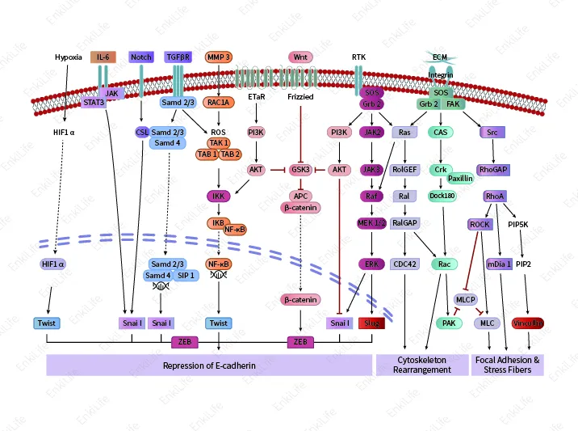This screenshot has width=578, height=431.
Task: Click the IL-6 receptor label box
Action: tap(103, 57)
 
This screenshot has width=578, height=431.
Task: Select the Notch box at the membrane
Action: tap(140, 57)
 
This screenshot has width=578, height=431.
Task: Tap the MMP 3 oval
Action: tap(219, 57)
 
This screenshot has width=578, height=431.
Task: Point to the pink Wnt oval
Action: tap(301, 57)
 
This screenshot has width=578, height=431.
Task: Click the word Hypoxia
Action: tap(69, 57)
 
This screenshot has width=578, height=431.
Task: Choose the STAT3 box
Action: tap(94, 103)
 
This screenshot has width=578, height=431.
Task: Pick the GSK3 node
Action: tap(300, 170)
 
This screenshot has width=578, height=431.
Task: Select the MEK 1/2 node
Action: tap(372, 222)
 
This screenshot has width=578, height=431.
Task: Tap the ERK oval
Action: tap(372, 263)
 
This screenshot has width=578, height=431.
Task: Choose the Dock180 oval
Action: tap(442, 195)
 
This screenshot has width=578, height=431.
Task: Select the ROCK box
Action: tap(480, 224)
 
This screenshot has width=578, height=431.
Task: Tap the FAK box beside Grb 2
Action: tap(452, 104)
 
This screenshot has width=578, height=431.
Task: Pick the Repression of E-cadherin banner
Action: tap(209, 366)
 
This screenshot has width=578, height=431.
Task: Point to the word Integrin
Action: tap(441, 75)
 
